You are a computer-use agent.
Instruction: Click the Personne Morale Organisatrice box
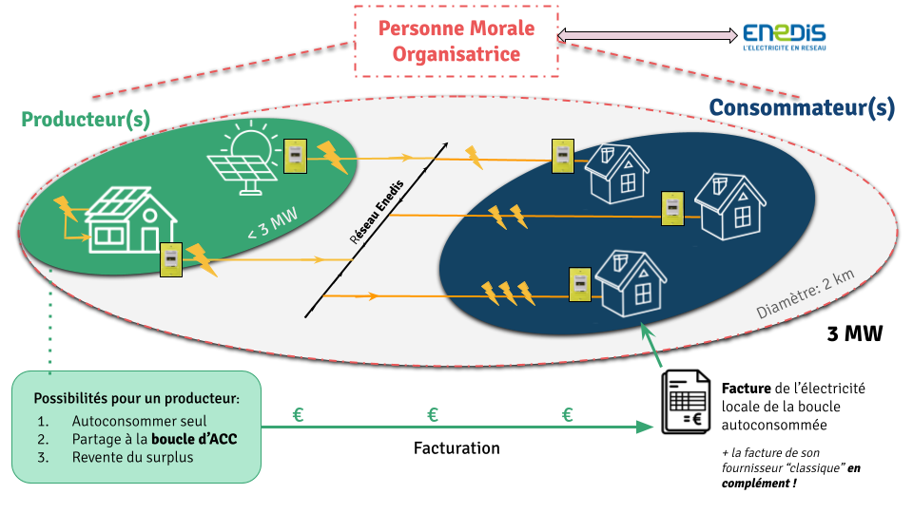point(456,41)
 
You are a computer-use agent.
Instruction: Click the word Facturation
point(456,447)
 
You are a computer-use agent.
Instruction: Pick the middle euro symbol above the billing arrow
point(433,415)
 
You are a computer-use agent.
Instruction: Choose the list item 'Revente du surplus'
point(131,457)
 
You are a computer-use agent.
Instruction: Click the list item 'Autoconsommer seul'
point(139,421)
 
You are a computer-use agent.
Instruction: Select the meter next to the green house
point(170,258)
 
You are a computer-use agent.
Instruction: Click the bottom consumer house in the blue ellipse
point(632,282)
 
